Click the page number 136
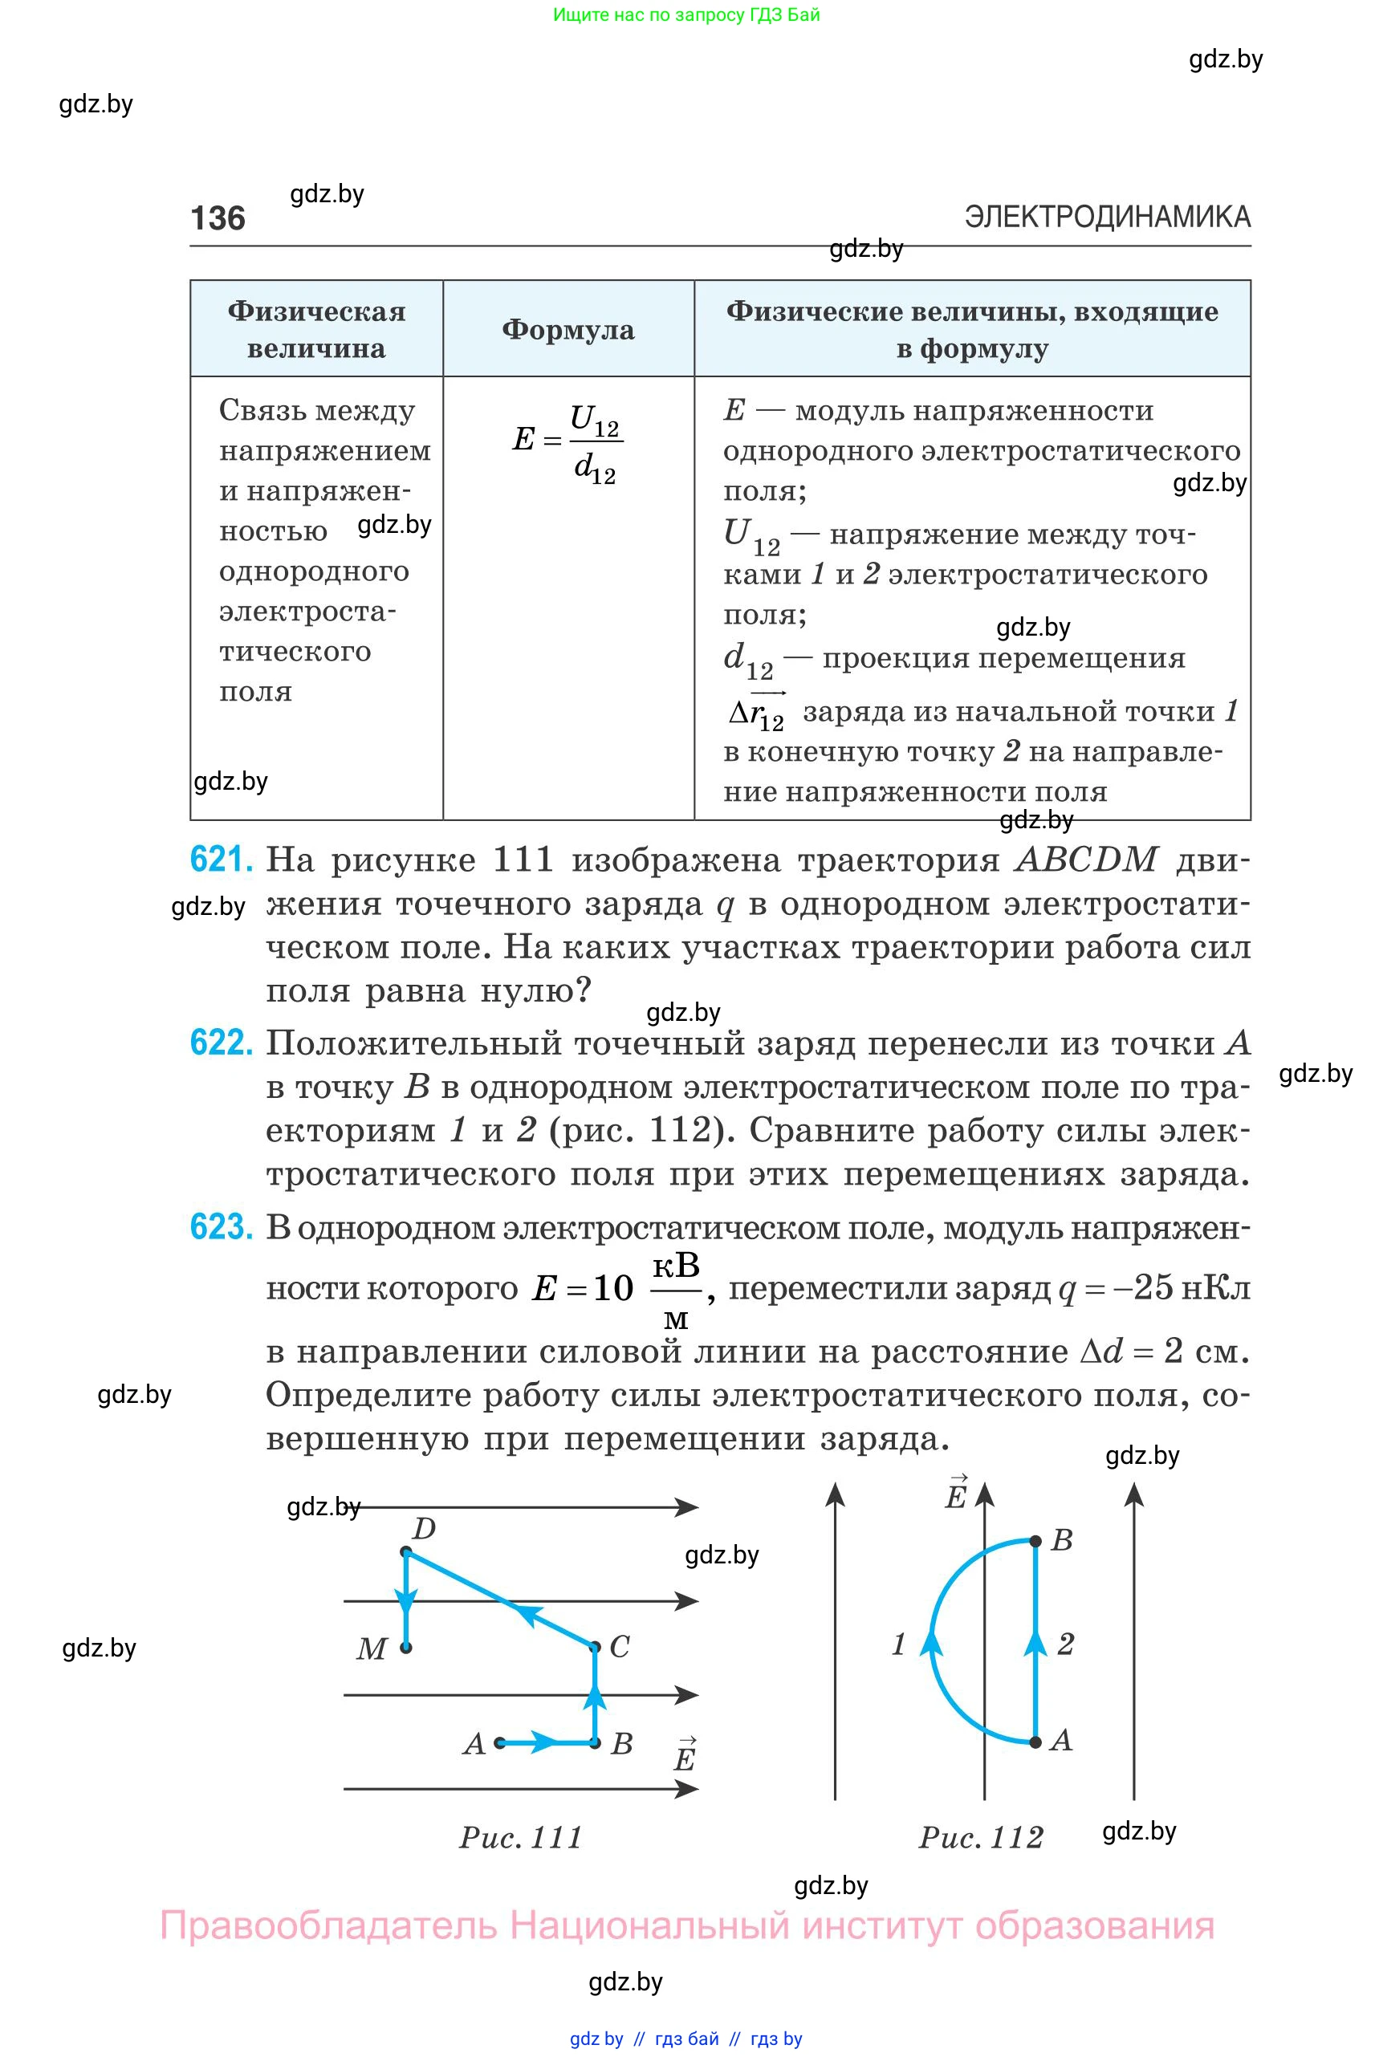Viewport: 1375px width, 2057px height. (218, 217)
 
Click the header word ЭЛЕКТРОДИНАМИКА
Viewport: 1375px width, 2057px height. (1107, 217)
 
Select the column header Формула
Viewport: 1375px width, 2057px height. (568, 330)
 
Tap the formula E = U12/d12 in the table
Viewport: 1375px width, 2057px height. (567, 442)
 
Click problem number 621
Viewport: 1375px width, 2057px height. (221, 860)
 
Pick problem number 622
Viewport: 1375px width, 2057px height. (221, 1043)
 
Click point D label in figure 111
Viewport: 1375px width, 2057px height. (425, 1529)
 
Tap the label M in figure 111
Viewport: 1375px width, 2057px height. (372, 1649)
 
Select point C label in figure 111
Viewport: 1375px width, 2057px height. (619, 1647)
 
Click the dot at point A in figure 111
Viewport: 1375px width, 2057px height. (500, 1743)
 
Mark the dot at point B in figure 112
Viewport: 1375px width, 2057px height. (1035, 1541)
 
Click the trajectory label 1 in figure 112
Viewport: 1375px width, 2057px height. (899, 1644)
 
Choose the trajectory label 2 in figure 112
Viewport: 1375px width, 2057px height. (1065, 1644)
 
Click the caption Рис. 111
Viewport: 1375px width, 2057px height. (522, 1837)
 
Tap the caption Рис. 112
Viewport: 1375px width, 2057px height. (981, 1837)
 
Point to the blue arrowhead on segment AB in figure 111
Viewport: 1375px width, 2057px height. (544, 1743)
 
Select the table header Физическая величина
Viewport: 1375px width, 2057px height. (316, 330)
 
